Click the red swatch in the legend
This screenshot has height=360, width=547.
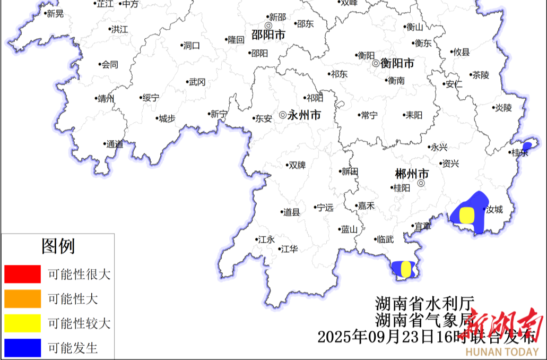point(22,274)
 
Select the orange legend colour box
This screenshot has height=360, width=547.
point(22,298)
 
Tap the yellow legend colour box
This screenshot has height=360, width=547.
point(22,323)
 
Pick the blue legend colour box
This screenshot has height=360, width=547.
point(22,348)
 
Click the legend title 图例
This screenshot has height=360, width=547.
point(58,246)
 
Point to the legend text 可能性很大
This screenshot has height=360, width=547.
point(79,275)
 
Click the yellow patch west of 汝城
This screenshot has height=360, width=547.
point(466,215)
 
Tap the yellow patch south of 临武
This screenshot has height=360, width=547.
point(406,269)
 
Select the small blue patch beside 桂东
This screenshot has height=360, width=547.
point(527,146)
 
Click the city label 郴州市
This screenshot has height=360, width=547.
point(412,174)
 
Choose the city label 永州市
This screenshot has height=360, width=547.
point(303,115)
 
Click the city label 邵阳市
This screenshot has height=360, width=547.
point(268,35)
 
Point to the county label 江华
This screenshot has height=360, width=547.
point(289,248)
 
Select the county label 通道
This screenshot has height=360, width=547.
point(115,144)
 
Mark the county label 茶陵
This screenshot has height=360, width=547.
point(481,75)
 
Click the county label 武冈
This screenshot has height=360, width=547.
point(197,82)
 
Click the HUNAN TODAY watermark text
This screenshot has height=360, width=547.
point(502,352)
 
